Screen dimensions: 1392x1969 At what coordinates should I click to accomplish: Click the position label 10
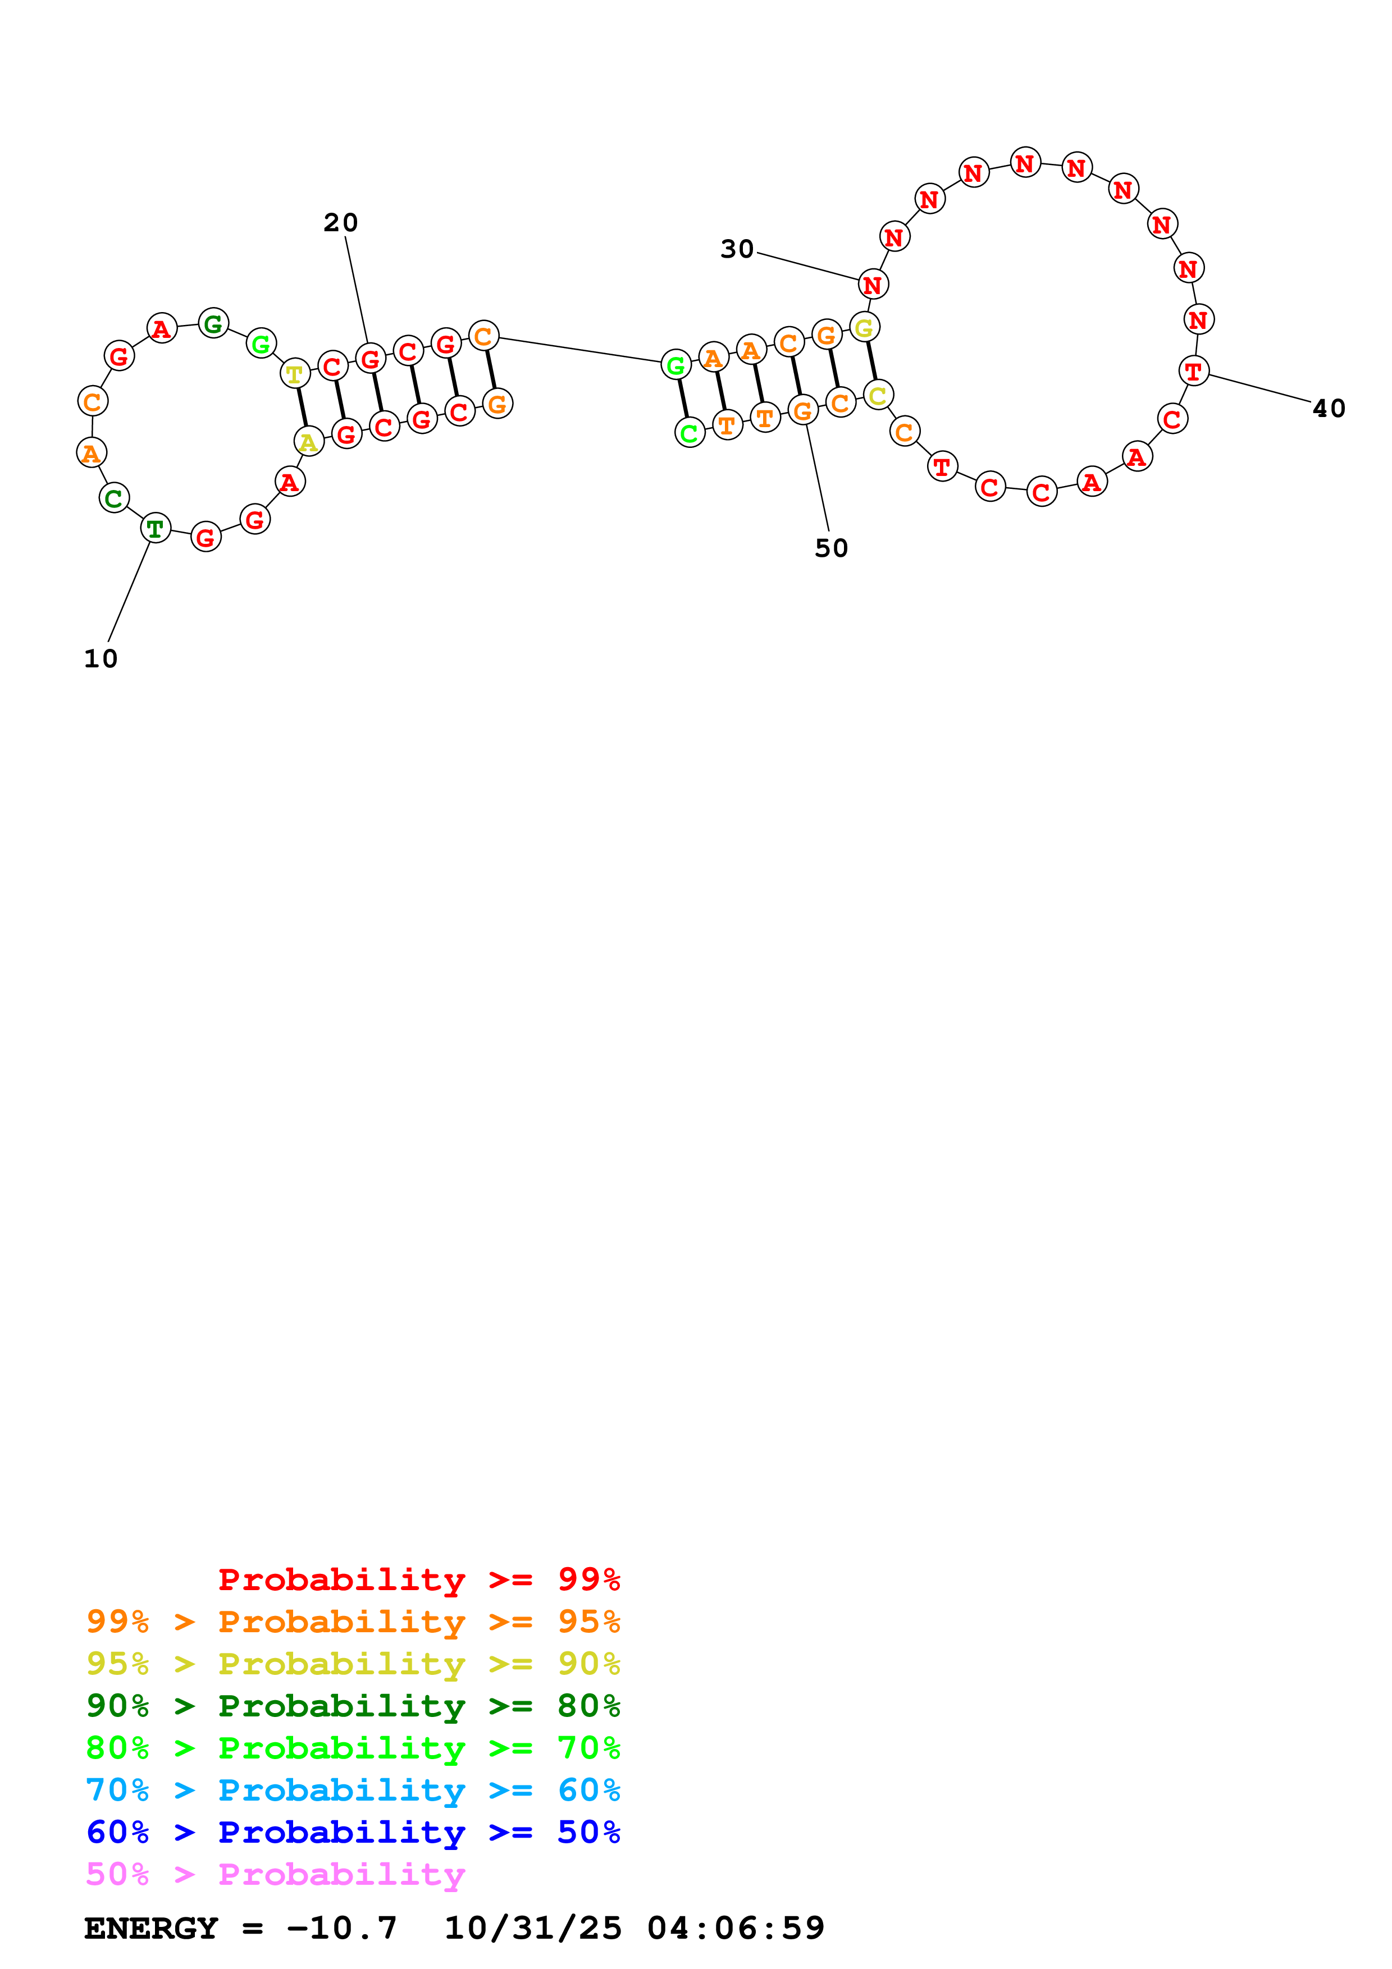click(101, 658)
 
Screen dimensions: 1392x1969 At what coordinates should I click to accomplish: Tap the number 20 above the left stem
click(340, 223)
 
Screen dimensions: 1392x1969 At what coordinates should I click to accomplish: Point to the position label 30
click(737, 250)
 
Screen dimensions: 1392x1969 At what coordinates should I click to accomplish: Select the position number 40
click(1329, 409)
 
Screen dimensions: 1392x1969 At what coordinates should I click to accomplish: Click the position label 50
click(831, 548)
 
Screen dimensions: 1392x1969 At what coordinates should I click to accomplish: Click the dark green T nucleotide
click(155, 529)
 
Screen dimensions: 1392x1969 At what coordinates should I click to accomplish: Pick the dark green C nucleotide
click(114, 498)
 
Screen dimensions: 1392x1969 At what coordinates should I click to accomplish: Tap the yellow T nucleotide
click(295, 374)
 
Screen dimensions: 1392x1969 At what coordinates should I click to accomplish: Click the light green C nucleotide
click(690, 433)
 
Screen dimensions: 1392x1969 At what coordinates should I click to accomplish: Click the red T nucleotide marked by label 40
click(1194, 372)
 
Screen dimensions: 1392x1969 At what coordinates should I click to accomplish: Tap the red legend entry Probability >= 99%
click(418, 1579)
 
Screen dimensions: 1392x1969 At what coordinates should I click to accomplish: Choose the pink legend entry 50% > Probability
click(275, 1875)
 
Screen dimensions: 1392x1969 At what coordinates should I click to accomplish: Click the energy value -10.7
click(341, 1929)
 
